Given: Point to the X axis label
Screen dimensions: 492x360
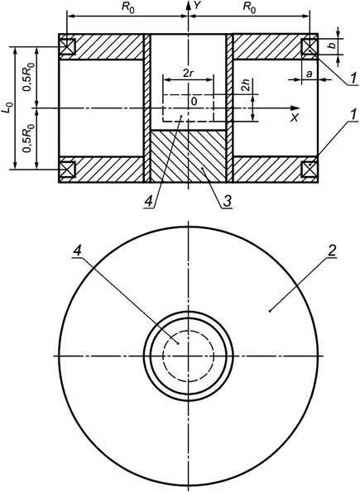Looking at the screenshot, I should click(294, 118).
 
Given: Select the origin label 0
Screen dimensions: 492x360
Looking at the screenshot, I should click(194, 101).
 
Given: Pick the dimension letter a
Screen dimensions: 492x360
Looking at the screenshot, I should click(308, 74).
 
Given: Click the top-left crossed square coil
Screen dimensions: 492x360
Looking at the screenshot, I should click(66, 46).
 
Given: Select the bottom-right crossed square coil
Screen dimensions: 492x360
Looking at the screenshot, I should click(310, 169).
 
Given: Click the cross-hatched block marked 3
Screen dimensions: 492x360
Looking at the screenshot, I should click(188, 157).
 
